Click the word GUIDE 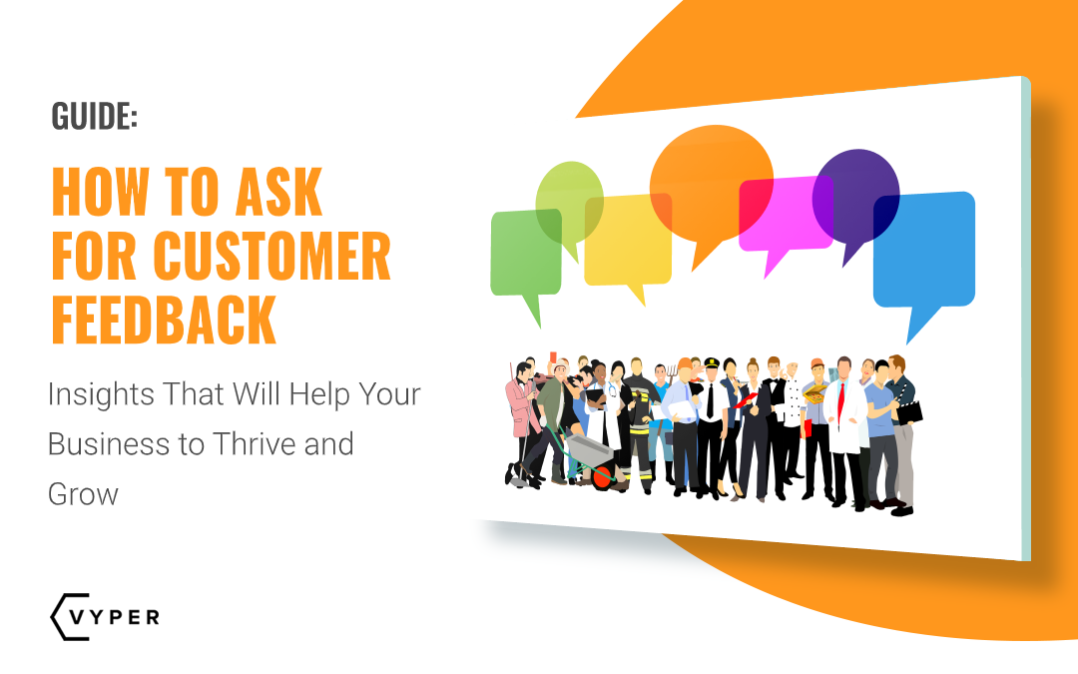94,116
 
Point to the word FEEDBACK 164,319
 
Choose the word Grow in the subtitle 83,492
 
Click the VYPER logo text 117,616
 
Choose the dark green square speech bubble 525,254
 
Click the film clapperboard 910,409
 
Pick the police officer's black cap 711,362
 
